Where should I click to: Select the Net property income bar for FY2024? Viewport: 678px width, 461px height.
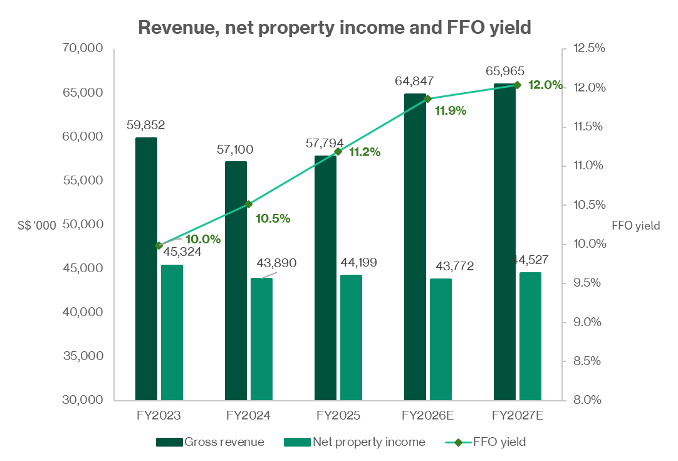click(261, 339)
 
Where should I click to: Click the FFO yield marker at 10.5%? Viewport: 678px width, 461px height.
click(249, 204)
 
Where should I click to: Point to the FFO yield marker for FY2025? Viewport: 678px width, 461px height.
click(338, 151)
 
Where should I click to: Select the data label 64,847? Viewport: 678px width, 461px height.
click(414, 81)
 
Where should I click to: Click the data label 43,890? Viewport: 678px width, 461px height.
click(275, 263)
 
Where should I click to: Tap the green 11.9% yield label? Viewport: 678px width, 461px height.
click(451, 111)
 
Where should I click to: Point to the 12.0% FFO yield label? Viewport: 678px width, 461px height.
click(545, 85)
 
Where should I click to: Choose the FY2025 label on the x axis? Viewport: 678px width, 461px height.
click(338, 416)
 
